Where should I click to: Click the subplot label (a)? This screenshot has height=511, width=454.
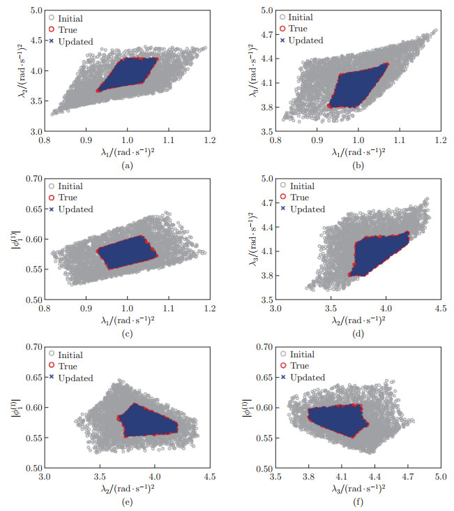click(126, 165)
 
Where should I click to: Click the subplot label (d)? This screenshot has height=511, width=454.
click(357, 333)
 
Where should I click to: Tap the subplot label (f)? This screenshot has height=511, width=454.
click(357, 501)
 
